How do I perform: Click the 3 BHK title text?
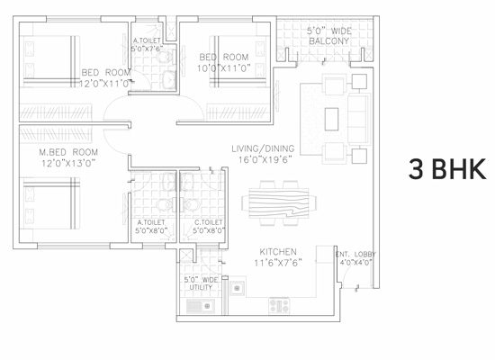[x=447, y=169]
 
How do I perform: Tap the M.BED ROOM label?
[x=68, y=152]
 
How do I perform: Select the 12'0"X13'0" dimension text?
[x=68, y=163]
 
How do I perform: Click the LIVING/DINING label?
[x=263, y=148]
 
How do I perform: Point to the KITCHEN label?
[x=278, y=252]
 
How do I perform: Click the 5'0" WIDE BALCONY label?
[x=328, y=36]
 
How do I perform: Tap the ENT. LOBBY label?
[x=355, y=254]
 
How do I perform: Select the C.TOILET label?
[x=209, y=222]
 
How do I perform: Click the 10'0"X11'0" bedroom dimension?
[x=224, y=68]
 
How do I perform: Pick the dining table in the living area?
[x=279, y=202]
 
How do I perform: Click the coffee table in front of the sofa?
[x=331, y=119]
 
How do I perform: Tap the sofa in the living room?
[x=359, y=119]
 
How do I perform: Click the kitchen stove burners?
[x=279, y=306]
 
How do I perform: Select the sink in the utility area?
[x=201, y=306]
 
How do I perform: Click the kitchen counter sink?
[x=237, y=288]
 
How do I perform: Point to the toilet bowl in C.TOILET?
[x=190, y=205]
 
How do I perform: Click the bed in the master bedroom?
[x=49, y=203]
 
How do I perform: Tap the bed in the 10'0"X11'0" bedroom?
[x=238, y=61]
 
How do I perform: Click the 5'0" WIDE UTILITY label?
[x=201, y=283]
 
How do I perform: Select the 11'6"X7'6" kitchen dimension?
[x=278, y=263]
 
